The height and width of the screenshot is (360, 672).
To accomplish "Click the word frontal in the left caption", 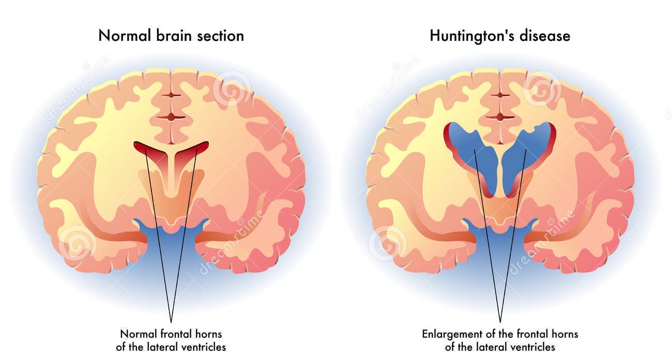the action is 175,334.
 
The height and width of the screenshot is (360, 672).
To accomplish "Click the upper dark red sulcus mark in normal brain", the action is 171,95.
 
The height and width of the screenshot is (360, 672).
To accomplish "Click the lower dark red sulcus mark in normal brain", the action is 171,117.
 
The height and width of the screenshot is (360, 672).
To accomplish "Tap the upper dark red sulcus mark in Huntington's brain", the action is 500,95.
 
